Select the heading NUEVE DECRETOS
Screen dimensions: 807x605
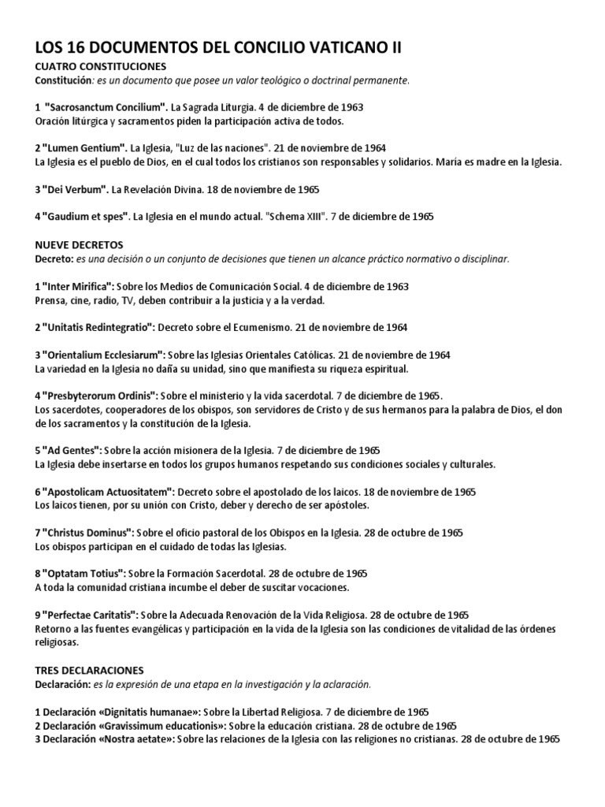click(x=80, y=244)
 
